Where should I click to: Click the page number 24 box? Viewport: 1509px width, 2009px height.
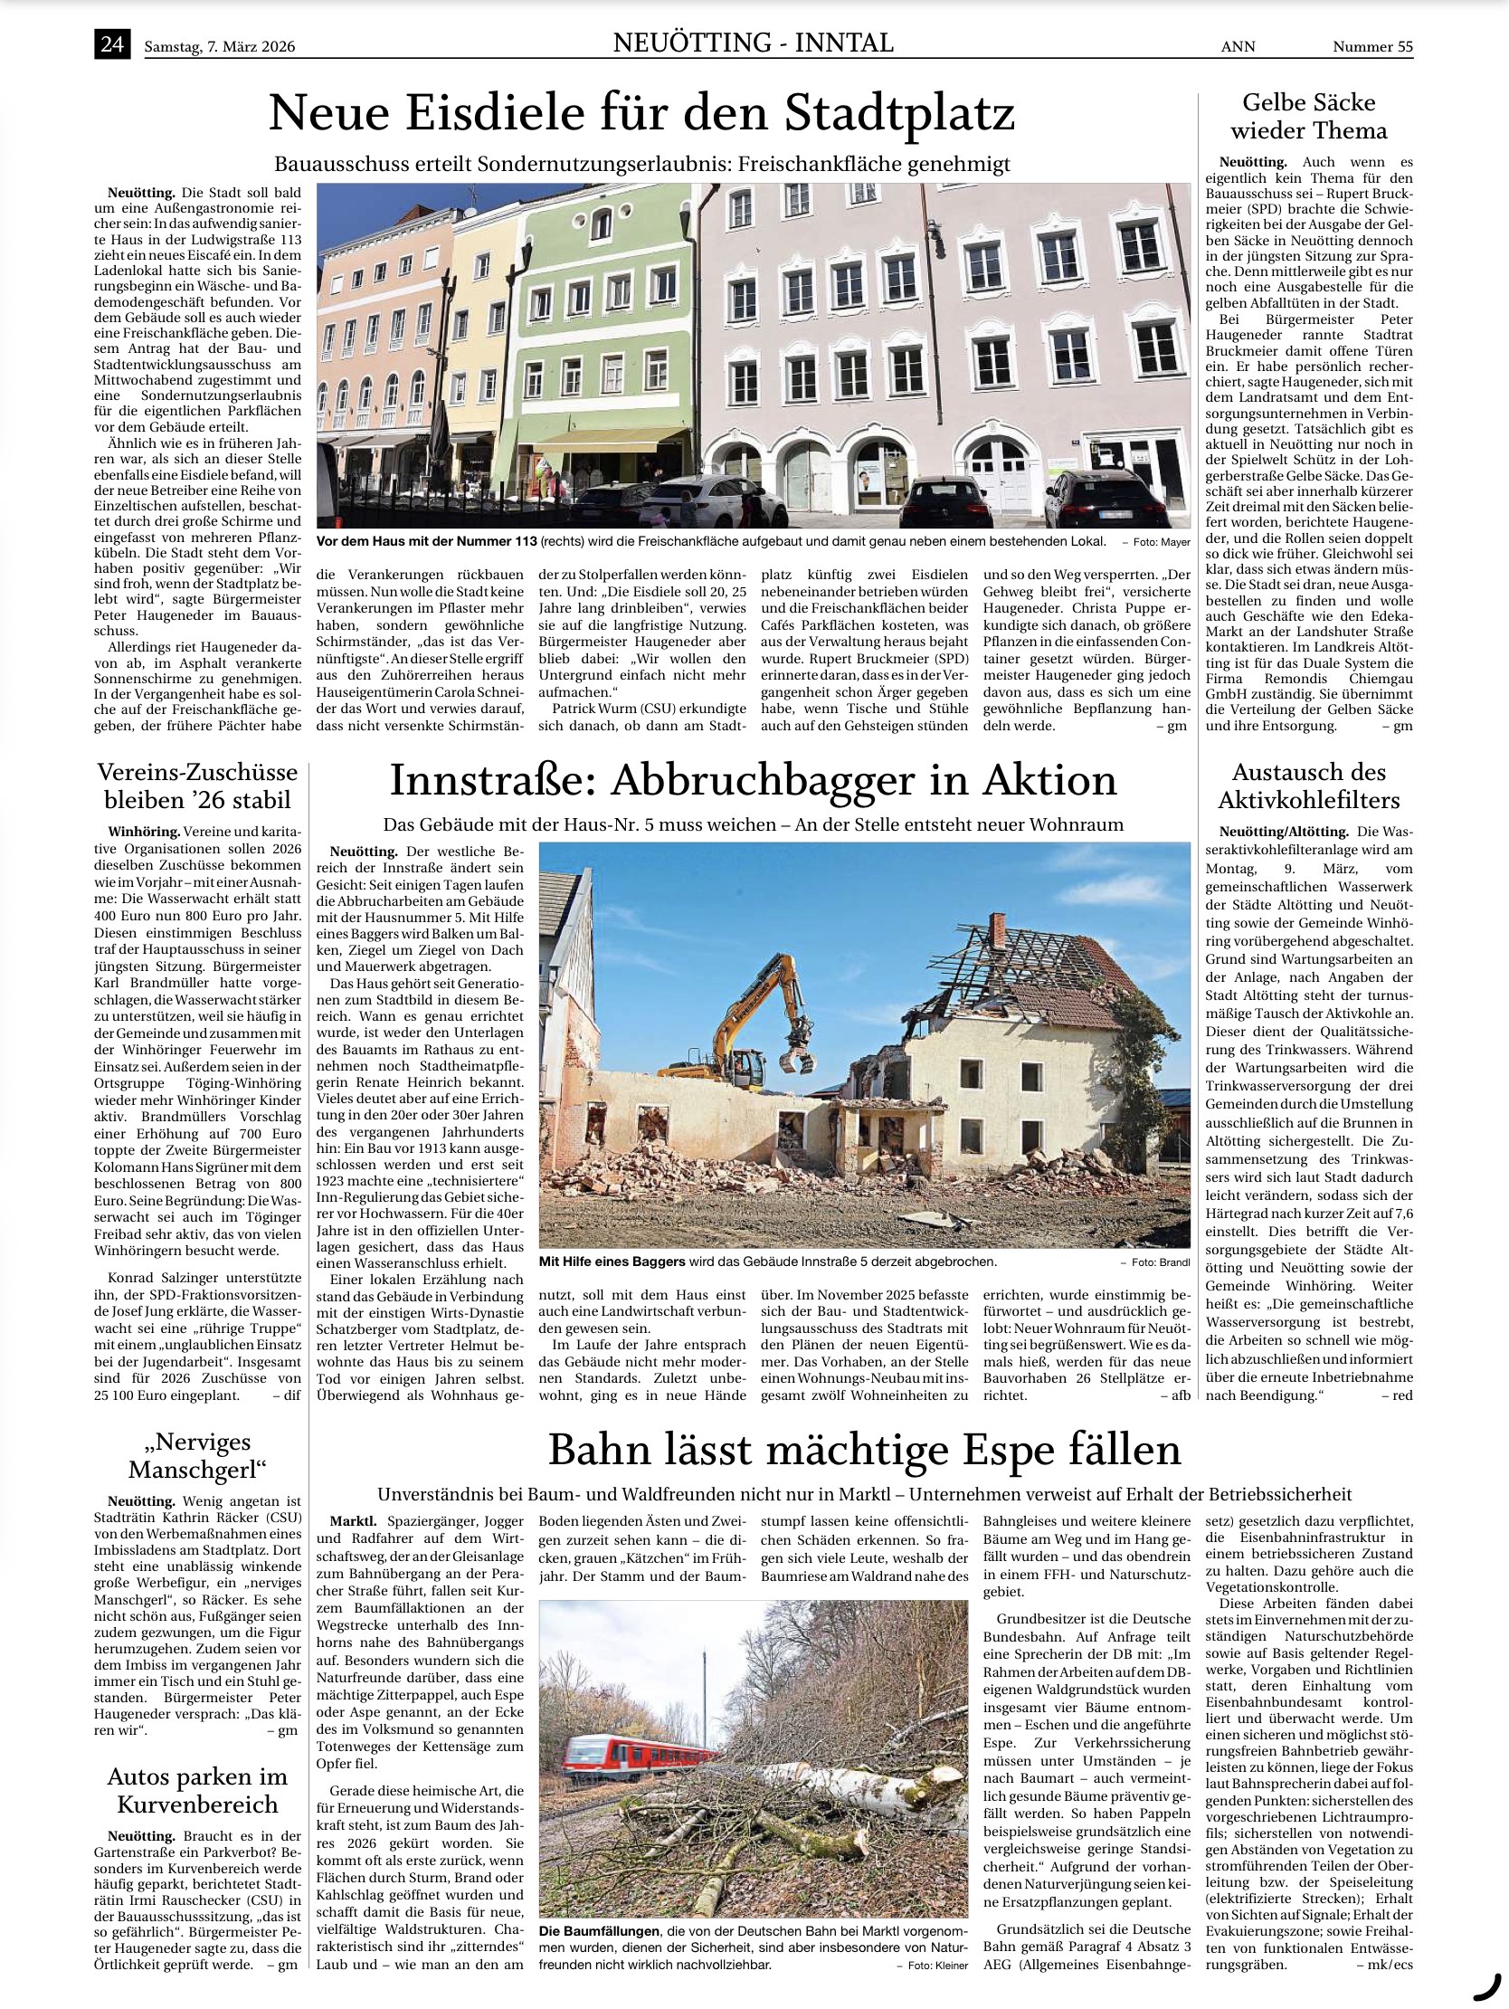tap(112, 44)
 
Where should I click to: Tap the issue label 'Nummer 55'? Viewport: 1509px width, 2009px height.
tap(1371, 47)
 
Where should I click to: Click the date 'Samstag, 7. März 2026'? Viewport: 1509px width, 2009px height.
tap(220, 47)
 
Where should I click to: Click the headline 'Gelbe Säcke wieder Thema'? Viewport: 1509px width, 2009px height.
tap(1308, 116)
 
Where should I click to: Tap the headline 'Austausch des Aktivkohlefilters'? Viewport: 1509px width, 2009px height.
tap(1308, 786)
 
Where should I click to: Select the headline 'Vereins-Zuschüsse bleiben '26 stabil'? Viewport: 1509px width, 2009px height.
tap(197, 786)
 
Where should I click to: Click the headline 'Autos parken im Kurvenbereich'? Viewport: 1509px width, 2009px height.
tap(197, 1790)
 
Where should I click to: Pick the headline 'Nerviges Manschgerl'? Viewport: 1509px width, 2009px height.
tap(197, 1455)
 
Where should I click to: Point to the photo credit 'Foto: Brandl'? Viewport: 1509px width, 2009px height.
tap(1155, 1262)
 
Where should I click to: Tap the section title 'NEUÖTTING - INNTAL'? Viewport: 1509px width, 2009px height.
tap(753, 43)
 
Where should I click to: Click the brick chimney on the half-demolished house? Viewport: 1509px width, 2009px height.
tap(996, 929)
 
